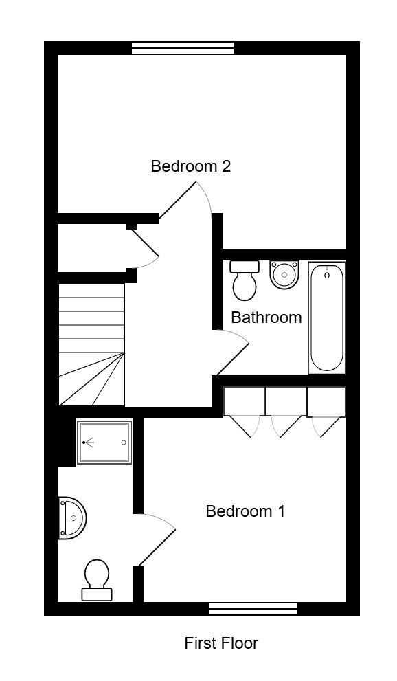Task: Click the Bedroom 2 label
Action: [190, 166]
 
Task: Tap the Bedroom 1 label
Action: [245, 511]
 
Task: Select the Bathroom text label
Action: [266, 317]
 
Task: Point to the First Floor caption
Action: [221, 643]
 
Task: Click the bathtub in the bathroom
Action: [327, 317]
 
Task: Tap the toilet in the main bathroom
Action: [245, 280]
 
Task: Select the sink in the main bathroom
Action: [284, 273]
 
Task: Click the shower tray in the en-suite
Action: [104, 442]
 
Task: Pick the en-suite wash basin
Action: [72, 518]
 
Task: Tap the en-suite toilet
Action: [96, 580]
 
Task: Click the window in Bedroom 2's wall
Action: [183, 48]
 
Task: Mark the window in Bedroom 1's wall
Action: [253, 609]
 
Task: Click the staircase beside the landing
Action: [91, 344]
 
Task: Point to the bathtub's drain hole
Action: [327, 276]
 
